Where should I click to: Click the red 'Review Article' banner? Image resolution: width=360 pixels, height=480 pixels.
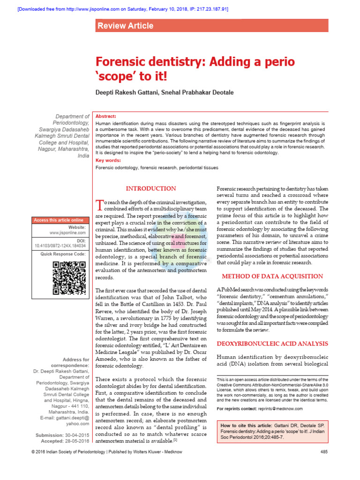point(125,26)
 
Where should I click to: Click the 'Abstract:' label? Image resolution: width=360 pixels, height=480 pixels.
point(106,116)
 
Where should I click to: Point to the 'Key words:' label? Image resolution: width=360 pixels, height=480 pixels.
point(108,160)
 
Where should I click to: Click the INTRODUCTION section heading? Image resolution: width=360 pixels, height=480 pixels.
point(151,188)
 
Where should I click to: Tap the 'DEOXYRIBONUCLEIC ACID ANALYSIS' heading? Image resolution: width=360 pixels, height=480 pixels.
point(272,344)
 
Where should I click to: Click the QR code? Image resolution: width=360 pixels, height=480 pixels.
point(68,278)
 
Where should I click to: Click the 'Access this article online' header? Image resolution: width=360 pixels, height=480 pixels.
point(59,220)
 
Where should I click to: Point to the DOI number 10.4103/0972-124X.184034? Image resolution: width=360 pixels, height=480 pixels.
point(60,245)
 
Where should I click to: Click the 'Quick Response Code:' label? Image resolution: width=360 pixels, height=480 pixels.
point(63,254)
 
